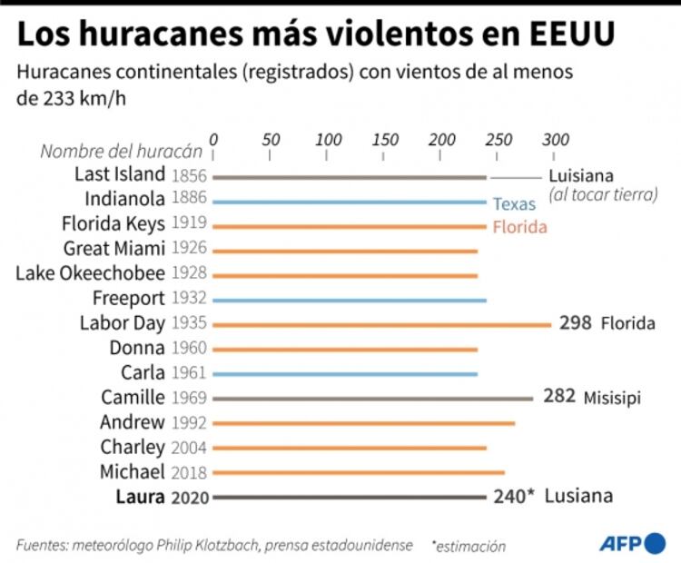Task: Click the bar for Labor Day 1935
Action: click(381, 323)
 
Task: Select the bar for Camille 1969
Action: click(372, 398)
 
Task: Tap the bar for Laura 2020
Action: click(350, 497)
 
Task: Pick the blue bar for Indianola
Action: click(350, 202)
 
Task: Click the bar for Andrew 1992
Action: click(363, 422)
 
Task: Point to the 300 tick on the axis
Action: click(555, 141)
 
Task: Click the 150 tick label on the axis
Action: click(384, 141)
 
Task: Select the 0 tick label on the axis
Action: click(213, 141)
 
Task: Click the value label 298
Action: click(576, 322)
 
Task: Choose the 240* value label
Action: click(514, 496)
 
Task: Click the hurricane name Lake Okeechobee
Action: click(91, 272)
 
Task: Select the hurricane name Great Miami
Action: click(114, 248)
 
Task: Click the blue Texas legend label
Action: click(514, 204)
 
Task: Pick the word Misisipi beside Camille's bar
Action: click(613, 398)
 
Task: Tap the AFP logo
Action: click(632, 543)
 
